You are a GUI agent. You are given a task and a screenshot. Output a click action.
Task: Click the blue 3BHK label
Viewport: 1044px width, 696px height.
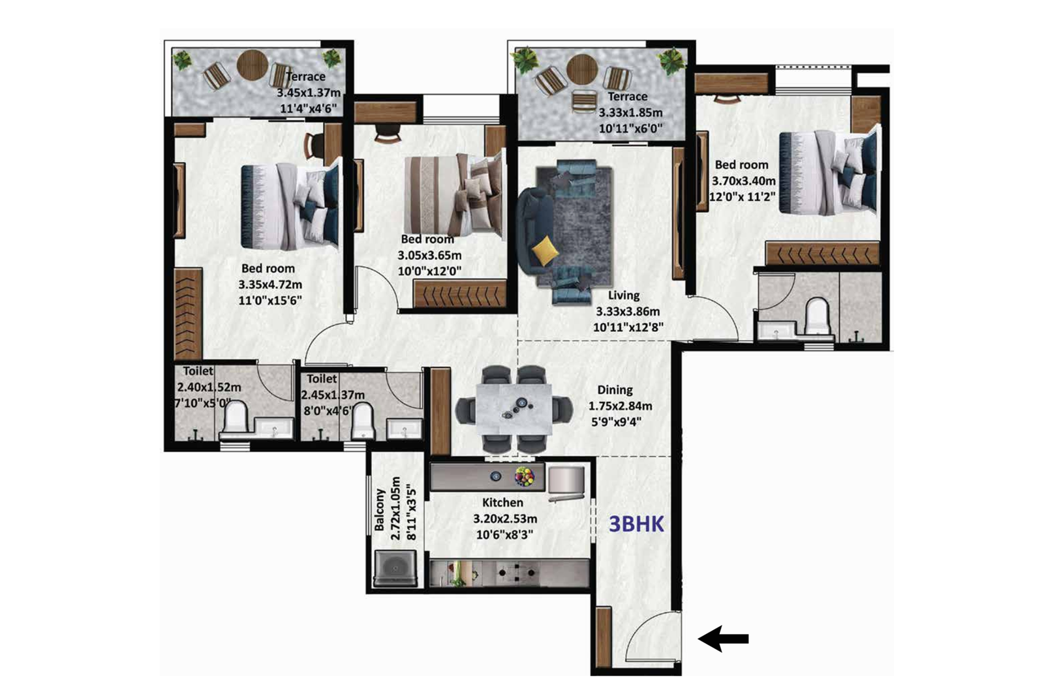(x=636, y=524)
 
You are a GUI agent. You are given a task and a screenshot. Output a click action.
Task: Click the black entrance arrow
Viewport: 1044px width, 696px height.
(x=723, y=639)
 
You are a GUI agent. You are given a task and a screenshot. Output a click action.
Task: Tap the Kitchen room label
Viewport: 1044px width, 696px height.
(x=502, y=502)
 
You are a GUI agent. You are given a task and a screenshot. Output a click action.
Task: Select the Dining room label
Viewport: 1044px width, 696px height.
(x=615, y=390)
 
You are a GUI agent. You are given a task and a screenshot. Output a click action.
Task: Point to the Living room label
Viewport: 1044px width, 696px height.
(x=624, y=295)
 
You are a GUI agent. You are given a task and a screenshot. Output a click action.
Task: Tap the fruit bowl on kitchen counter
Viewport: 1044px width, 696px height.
(x=524, y=476)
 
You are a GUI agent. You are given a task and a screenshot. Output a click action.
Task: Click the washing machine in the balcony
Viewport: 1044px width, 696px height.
(x=395, y=568)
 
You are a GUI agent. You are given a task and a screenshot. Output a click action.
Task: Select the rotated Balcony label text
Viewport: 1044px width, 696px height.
(x=380, y=510)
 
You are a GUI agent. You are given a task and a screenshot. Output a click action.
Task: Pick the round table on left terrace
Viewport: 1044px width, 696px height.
(x=252, y=65)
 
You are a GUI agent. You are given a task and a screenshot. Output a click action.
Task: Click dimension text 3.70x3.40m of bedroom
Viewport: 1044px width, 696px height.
(x=743, y=181)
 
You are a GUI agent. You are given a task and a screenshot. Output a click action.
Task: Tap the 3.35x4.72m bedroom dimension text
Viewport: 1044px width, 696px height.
(x=270, y=285)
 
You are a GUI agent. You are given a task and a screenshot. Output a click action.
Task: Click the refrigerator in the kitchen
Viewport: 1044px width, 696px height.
(x=567, y=483)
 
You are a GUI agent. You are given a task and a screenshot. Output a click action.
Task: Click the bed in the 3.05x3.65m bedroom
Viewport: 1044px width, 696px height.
(x=453, y=194)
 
